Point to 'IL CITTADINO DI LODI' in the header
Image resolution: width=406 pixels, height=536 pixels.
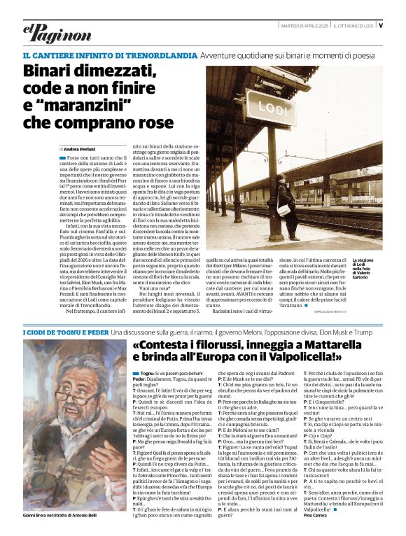click(353, 26)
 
